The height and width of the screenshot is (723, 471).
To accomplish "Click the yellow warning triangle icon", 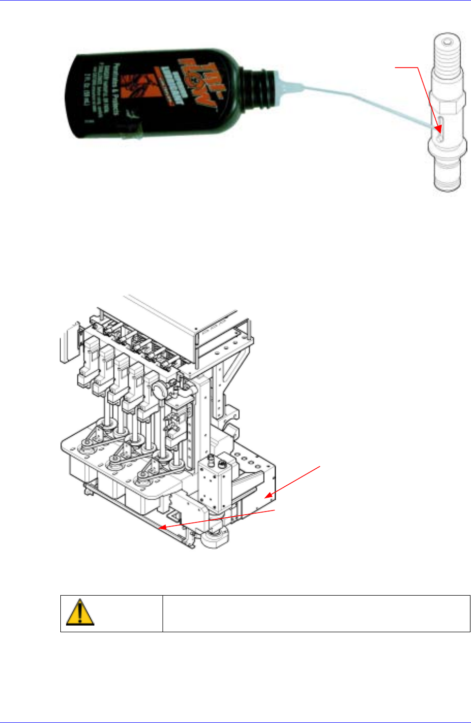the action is point(80,612).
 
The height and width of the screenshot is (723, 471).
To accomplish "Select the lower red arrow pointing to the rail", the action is point(217,518).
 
